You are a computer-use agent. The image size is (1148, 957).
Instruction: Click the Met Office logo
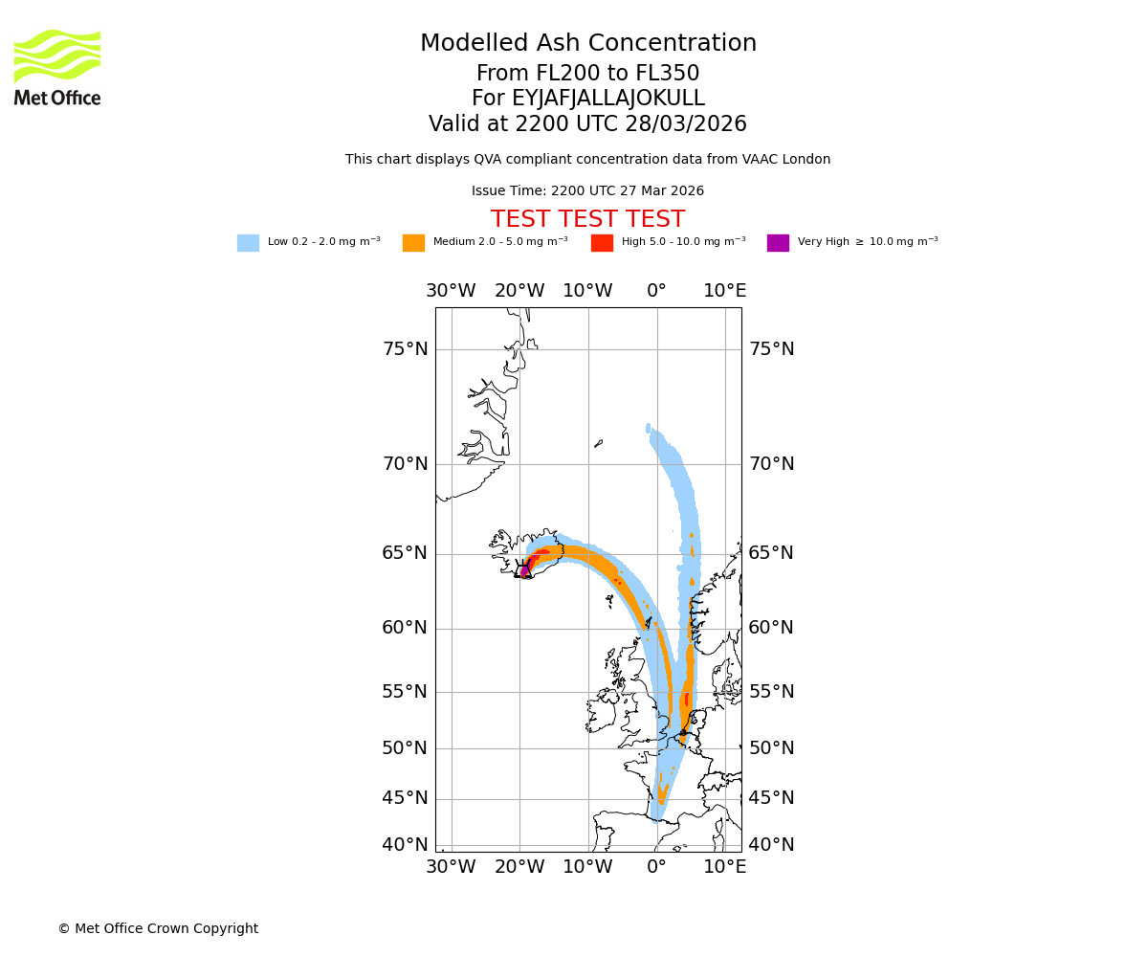[57, 67]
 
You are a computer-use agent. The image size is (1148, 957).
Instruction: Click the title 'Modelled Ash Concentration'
[587, 44]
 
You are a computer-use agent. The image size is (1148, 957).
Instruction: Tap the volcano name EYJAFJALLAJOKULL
[587, 99]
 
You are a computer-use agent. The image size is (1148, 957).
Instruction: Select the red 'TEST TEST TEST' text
[587, 219]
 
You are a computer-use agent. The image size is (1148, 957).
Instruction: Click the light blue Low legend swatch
[248, 243]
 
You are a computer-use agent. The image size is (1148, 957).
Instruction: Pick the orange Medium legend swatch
[413, 243]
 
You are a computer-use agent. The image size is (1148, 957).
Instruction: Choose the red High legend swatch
[602, 243]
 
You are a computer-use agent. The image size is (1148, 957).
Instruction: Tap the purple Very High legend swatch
[778, 243]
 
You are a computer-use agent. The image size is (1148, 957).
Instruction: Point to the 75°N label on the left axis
[405, 349]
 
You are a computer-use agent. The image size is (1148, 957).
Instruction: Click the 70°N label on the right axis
[771, 464]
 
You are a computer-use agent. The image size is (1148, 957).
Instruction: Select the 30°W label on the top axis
[451, 291]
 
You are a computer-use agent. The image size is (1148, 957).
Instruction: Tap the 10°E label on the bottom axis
[725, 867]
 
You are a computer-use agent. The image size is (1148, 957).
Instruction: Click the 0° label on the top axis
[656, 291]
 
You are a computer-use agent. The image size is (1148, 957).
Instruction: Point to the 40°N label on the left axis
[405, 845]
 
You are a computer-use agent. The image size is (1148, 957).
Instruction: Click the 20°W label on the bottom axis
[519, 867]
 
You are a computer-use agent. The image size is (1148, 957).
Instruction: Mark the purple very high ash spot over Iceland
[524, 570]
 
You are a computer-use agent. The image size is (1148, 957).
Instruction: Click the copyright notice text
[158, 928]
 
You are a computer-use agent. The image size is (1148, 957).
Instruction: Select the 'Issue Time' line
[587, 191]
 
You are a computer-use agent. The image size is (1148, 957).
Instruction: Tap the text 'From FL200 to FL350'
[587, 74]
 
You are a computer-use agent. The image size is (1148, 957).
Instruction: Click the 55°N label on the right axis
[771, 692]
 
